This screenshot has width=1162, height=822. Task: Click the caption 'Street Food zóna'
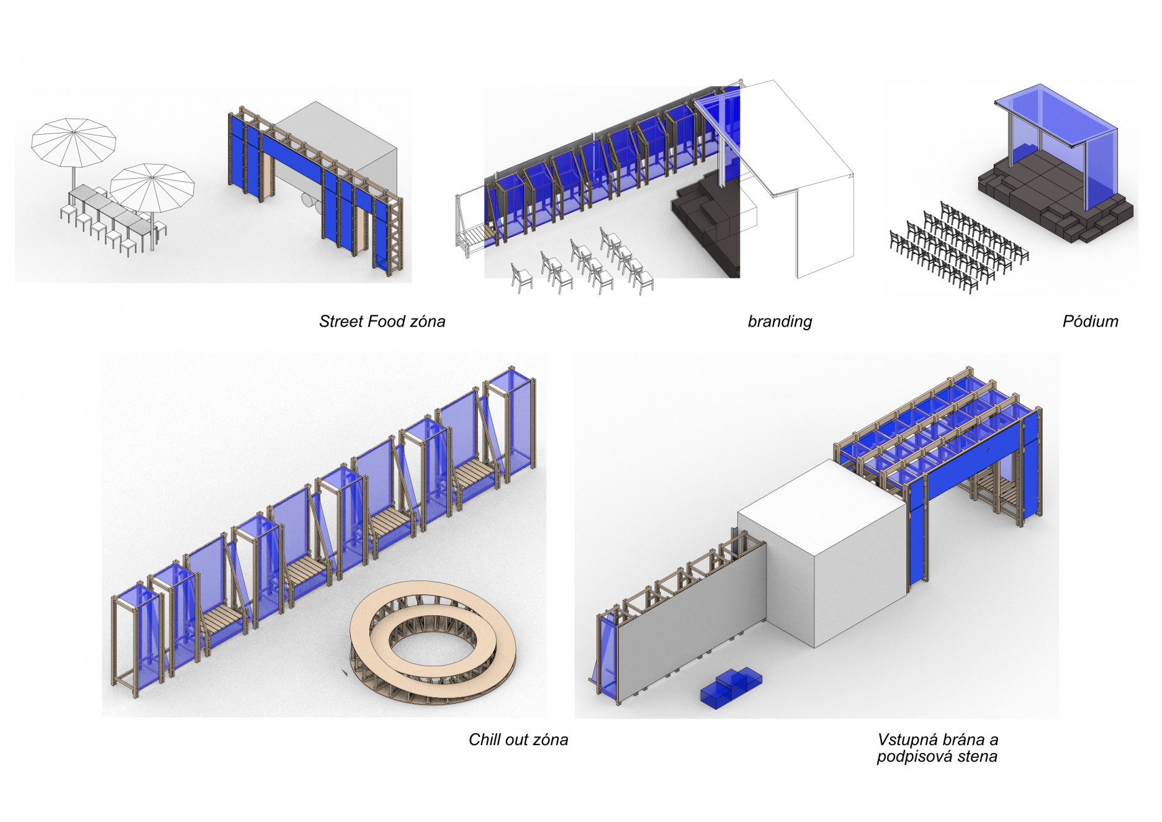[x=382, y=322]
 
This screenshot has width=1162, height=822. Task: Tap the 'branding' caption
[x=780, y=322]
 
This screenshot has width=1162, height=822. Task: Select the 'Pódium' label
[x=1090, y=322]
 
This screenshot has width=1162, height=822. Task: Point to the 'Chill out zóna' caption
[x=518, y=739]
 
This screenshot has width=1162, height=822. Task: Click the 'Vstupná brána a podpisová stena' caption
[x=937, y=747]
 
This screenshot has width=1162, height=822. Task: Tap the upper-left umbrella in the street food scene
[x=73, y=142]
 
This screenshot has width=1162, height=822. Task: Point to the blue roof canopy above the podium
[x=1055, y=118]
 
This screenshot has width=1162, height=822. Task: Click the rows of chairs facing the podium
[x=956, y=248]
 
